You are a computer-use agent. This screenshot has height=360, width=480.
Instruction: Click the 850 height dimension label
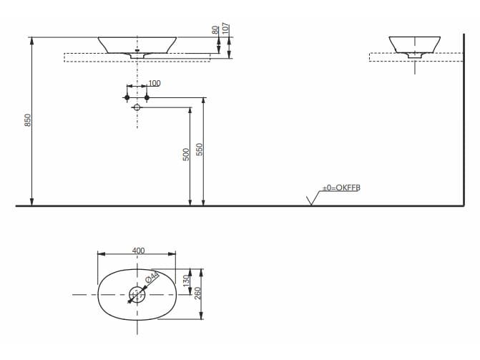click(28, 121)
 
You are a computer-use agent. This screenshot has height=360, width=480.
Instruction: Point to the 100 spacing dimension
click(154, 84)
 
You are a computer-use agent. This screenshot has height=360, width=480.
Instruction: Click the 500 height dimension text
click(186, 153)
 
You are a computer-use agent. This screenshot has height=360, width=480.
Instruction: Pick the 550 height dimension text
click(200, 150)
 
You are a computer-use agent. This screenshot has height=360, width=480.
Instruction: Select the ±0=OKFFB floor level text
click(341, 187)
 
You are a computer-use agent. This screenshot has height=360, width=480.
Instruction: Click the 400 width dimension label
click(138, 250)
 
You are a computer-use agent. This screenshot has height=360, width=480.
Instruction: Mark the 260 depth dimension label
click(200, 293)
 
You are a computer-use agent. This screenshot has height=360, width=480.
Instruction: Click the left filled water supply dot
click(127, 97)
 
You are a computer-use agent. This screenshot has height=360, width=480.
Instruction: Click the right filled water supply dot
click(147, 97)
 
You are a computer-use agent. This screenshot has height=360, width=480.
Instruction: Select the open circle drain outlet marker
click(137, 108)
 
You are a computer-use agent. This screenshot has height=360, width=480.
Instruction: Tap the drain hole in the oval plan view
click(137, 294)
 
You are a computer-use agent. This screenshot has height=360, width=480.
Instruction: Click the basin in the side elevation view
click(414, 44)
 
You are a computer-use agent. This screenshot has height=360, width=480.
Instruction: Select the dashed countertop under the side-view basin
click(414, 58)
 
